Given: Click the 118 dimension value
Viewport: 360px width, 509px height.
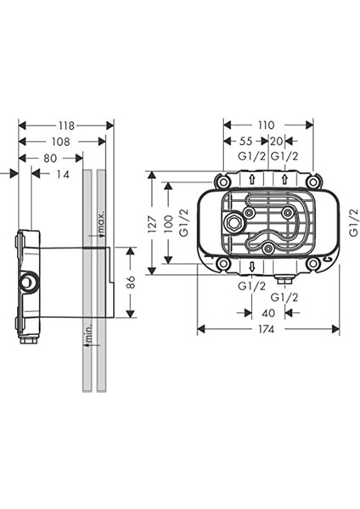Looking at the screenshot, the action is [x=66, y=126].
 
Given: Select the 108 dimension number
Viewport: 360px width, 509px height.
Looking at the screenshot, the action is [x=61, y=142].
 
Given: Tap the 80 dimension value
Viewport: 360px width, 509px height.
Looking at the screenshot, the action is [x=50, y=159].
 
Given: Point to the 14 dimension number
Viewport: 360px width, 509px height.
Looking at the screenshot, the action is [x=63, y=174].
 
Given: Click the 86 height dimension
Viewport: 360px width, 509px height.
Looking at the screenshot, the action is [x=130, y=282].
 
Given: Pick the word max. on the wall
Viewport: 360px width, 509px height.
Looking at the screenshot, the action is [x=101, y=222].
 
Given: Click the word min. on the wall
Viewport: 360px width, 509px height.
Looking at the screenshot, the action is [x=88, y=332].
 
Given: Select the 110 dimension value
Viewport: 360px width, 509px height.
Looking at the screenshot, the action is [x=266, y=126].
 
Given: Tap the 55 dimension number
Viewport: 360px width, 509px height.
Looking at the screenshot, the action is [x=246, y=141].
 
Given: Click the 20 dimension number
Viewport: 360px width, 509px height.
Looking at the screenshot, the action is [x=277, y=141].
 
